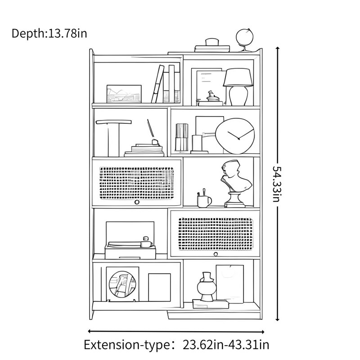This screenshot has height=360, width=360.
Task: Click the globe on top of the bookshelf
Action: coord(244,38)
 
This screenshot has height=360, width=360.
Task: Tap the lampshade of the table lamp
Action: coord(238,77)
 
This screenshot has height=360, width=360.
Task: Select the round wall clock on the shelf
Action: coord(235,136)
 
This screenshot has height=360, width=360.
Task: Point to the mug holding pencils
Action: coord(204,201)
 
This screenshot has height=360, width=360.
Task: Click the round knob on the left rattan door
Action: coord(137,202)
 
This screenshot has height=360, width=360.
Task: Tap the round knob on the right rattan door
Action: coord(216,254)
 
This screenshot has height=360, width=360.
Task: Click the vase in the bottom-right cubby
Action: coord(207,287)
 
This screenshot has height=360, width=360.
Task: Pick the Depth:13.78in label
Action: coord(49,33)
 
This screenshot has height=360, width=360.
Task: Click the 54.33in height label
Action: coord(277,184)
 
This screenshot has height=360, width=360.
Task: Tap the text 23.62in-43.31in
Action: coord(226,345)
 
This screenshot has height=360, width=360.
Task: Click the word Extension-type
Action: coord(127,345)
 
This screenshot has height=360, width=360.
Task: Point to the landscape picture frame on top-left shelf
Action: coord(124,94)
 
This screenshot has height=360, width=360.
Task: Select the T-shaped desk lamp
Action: coord(114,138)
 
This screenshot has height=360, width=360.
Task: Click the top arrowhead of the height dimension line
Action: coord(277,49)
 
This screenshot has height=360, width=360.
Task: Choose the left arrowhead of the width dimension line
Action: coord(90,331)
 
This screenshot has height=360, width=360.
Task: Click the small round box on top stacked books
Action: coord(212,42)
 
